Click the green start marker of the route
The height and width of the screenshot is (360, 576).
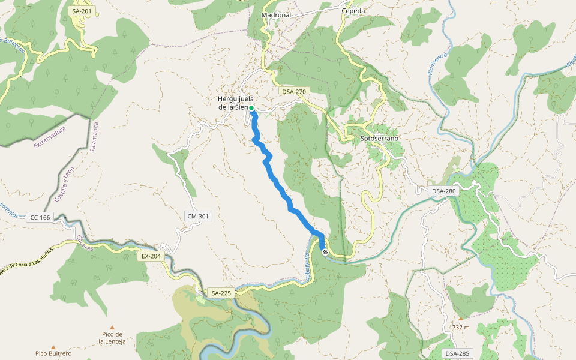[x=251, y=108]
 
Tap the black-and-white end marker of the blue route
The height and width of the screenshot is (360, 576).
[x=325, y=253]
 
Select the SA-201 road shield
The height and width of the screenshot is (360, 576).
[x=82, y=11]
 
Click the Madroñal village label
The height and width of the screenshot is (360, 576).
[x=276, y=15]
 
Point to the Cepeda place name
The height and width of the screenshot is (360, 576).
[x=353, y=11]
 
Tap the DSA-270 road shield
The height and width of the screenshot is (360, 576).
[x=294, y=92]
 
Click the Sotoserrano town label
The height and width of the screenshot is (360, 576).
[x=379, y=139]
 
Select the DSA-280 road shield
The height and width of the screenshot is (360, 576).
[x=444, y=191]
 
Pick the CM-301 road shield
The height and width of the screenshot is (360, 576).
[x=198, y=216]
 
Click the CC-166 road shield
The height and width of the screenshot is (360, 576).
[x=40, y=217]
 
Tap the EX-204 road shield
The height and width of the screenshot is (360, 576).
[x=151, y=256]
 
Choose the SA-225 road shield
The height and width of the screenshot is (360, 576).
[x=221, y=293]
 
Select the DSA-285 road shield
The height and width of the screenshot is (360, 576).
[x=457, y=353]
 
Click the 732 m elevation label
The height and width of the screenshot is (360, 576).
[x=461, y=328]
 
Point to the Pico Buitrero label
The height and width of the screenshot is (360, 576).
[x=53, y=354]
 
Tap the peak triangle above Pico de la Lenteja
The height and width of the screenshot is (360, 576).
[x=112, y=328]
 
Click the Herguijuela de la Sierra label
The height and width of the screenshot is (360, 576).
[x=235, y=103]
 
